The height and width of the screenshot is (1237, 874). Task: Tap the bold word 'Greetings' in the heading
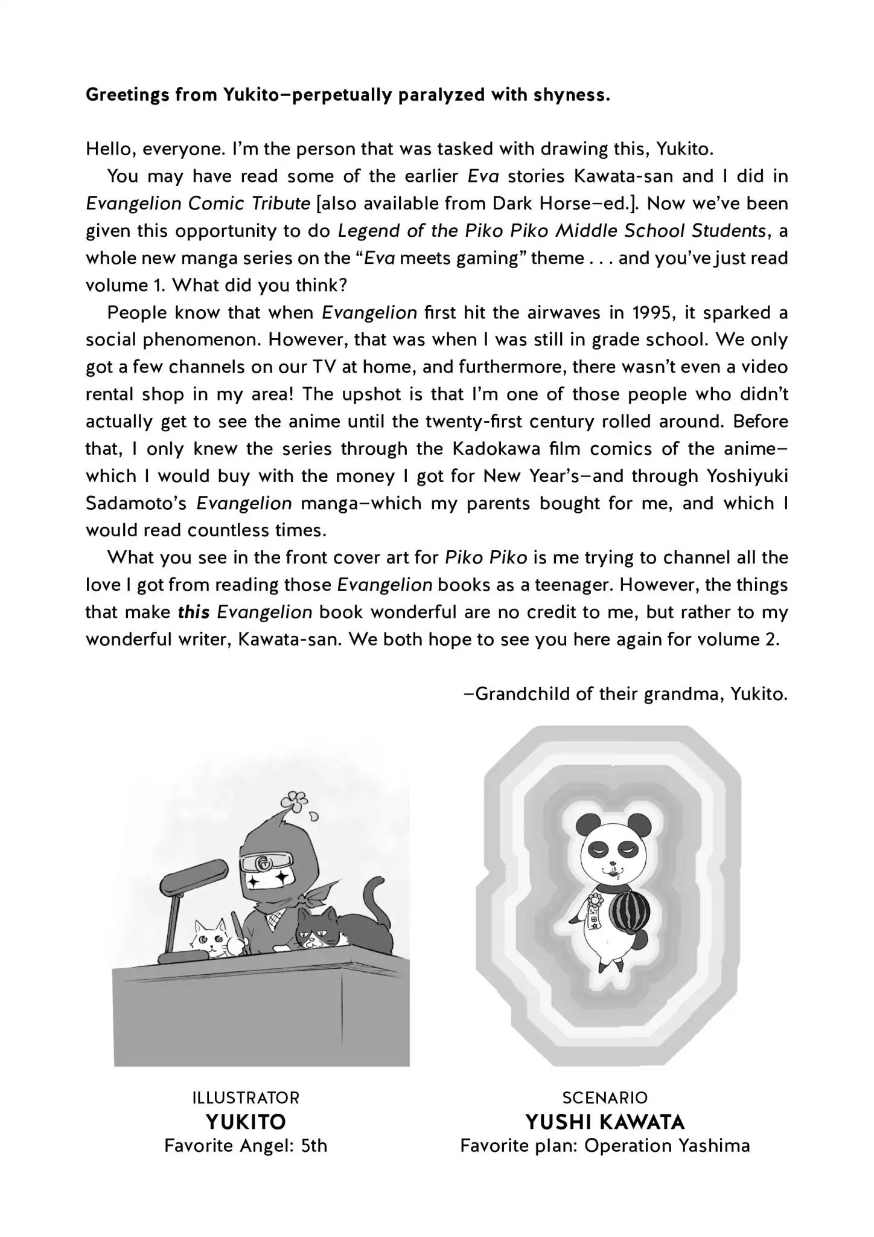click(125, 95)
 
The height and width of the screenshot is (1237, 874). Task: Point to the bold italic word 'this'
click(194, 612)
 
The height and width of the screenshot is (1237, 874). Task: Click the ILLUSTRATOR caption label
click(246, 1097)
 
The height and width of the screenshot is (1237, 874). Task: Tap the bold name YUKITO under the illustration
click(246, 1122)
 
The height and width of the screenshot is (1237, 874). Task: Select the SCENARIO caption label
click(605, 1097)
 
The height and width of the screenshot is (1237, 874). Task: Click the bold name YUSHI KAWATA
click(605, 1122)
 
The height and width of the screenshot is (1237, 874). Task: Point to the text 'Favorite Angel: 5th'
click(246, 1146)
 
